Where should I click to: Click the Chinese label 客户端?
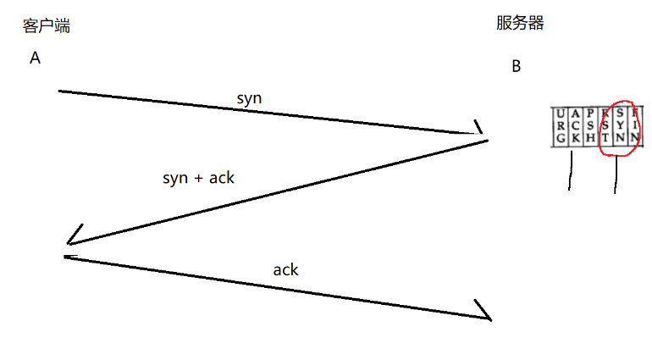pos(46,26)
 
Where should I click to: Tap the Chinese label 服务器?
pos(520,24)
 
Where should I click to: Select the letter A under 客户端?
pos(35,58)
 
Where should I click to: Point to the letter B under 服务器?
pos(516,67)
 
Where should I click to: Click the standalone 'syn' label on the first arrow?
pos(249,98)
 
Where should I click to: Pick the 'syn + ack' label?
pos(198,178)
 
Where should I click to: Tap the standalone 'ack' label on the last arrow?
pos(285,269)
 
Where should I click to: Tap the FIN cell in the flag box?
pos(635,126)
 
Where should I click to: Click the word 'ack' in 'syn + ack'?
pos(221,178)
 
